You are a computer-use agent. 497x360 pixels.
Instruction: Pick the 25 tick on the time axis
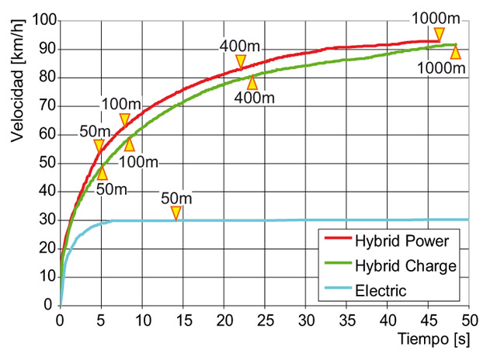pos(265,320)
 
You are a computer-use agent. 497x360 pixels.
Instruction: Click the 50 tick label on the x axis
pos(469,320)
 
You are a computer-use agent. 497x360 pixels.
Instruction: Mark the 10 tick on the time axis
pos(142,320)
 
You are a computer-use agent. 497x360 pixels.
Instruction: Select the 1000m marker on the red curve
pos(440,34)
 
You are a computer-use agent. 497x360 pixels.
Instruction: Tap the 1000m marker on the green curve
pos(455,52)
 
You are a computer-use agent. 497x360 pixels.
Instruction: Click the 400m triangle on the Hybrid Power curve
pos(241,61)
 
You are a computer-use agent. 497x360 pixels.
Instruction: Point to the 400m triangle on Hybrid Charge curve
pos(252,82)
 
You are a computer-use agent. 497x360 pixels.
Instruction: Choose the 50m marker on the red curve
pos(99,146)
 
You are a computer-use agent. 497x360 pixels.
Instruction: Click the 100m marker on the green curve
pos(129,144)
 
